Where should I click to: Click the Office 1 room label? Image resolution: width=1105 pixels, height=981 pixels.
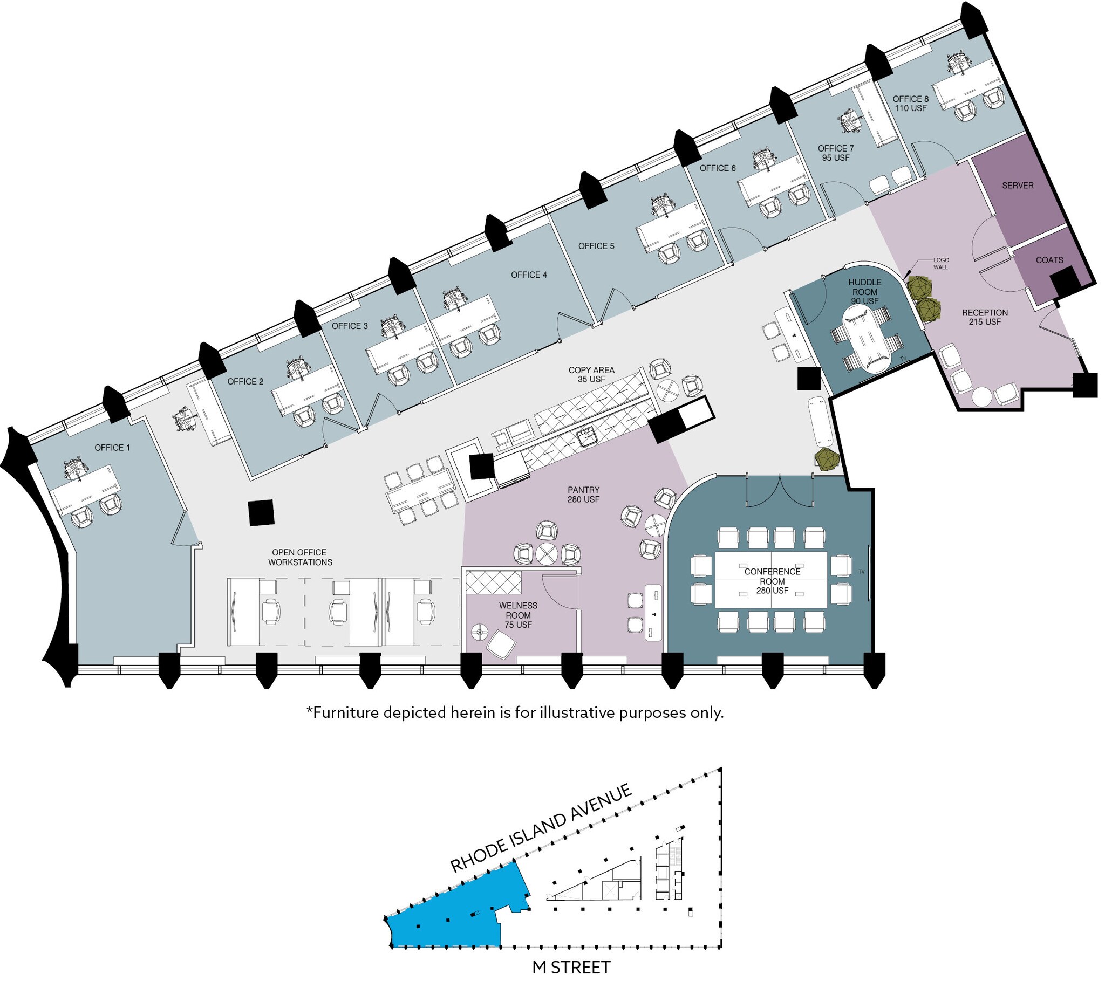[x=112, y=448]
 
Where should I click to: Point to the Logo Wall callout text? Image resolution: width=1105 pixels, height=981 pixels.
[x=940, y=264]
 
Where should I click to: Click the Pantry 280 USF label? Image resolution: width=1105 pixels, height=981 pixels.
[x=583, y=495]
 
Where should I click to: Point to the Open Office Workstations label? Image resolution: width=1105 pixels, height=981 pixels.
[x=300, y=557]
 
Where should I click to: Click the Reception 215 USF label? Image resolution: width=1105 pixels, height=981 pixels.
[x=985, y=317]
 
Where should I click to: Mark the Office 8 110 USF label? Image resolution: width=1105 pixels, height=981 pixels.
[x=910, y=103]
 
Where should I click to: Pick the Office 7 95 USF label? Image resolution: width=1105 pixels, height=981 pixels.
[x=836, y=153]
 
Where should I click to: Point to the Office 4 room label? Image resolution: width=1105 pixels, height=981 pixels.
[x=529, y=275]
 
